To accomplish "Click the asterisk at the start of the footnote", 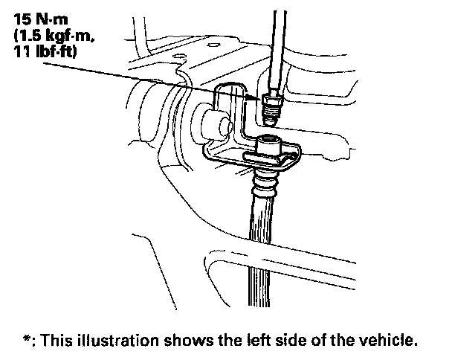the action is (x=27, y=338).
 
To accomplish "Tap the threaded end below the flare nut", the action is (x=270, y=117).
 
